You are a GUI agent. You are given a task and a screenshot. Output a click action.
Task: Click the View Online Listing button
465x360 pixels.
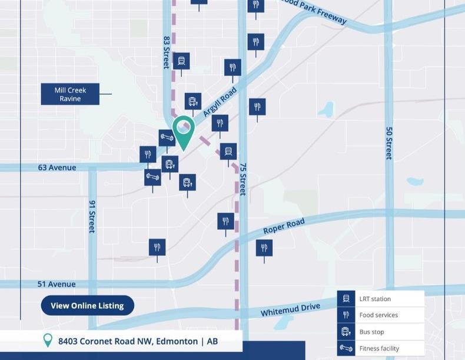point(87,305)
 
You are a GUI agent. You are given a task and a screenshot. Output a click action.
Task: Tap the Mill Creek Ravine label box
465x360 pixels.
point(70,94)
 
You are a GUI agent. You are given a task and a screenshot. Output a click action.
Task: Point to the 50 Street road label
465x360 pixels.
point(389,143)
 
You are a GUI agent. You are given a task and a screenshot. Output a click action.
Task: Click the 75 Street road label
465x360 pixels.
point(243,179)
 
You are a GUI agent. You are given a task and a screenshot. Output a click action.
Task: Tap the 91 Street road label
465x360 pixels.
point(92,216)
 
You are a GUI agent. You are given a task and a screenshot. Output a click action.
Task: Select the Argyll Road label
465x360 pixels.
point(220,101)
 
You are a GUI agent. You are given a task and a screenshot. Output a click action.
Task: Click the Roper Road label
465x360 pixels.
point(284,226)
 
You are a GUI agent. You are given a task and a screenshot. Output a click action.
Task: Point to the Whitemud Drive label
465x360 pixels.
point(290,309)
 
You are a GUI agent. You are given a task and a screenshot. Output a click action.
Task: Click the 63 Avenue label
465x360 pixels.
point(57,167)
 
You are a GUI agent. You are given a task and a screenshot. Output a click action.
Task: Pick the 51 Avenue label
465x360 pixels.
point(57,284)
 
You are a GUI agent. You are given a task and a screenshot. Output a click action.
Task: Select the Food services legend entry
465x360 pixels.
point(378,315)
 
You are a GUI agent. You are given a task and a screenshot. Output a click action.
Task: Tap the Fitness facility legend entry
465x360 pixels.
point(379,348)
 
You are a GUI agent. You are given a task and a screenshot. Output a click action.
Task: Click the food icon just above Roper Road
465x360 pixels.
point(225,222)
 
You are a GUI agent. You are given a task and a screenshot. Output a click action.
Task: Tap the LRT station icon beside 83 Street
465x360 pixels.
point(181,60)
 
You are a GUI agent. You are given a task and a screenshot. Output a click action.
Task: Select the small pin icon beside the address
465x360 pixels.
point(48,340)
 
